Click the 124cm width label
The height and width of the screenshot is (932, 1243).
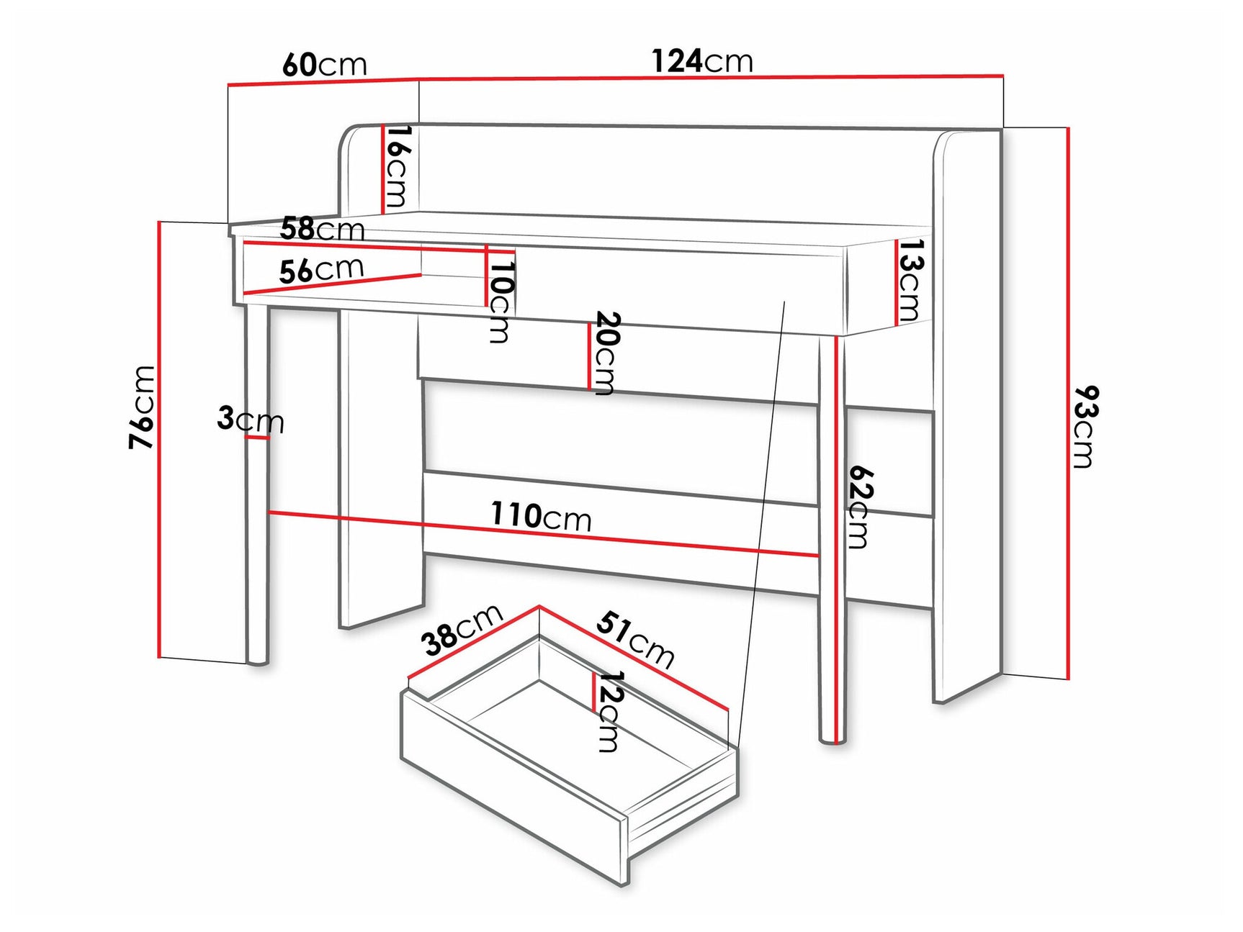tap(702, 61)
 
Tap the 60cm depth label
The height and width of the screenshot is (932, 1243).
tap(324, 65)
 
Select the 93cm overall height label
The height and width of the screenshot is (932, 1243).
tap(1085, 427)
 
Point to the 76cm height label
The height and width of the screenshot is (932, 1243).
tap(142, 407)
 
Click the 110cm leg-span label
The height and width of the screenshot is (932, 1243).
tap(541, 516)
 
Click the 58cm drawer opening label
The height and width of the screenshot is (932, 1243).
tap(322, 229)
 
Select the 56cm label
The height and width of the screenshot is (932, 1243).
tap(321, 270)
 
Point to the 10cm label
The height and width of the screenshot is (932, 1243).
tap(501, 301)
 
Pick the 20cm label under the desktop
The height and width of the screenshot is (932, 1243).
tap(605, 353)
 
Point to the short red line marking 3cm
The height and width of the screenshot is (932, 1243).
tap(256, 437)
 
